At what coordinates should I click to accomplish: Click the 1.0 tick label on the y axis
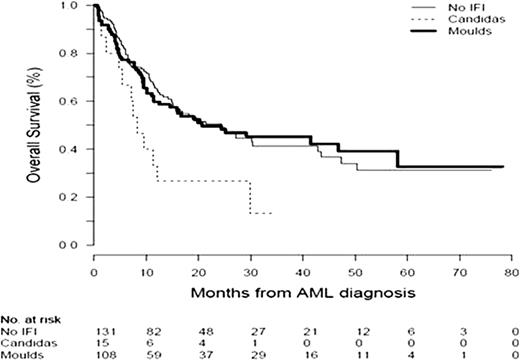[74, 5]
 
